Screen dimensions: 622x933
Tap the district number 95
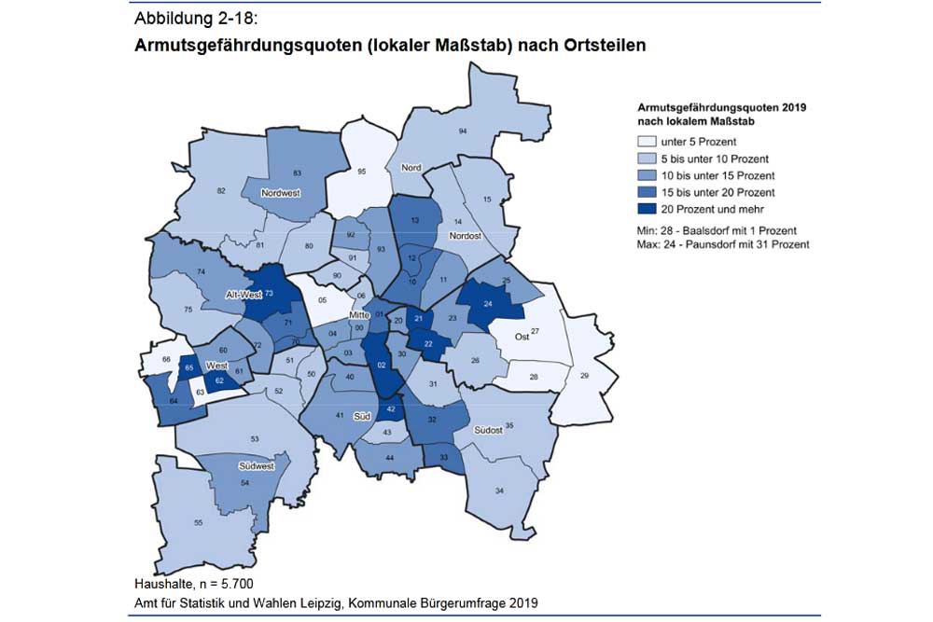[362, 173]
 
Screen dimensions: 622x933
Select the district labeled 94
[462, 132]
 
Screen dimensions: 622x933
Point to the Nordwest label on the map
[281, 195]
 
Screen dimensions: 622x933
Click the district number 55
[198, 523]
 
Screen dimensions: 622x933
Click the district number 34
[500, 491]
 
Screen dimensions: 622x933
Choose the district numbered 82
[222, 191]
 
